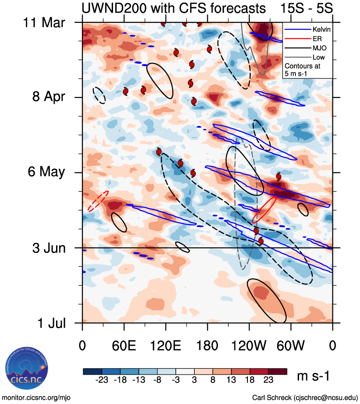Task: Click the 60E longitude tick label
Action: [x=124, y=345]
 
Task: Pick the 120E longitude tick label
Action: [x=166, y=345]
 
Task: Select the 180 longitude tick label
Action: [x=207, y=345]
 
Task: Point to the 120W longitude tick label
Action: [x=249, y=345]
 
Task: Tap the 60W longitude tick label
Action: [x=291, y=345]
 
